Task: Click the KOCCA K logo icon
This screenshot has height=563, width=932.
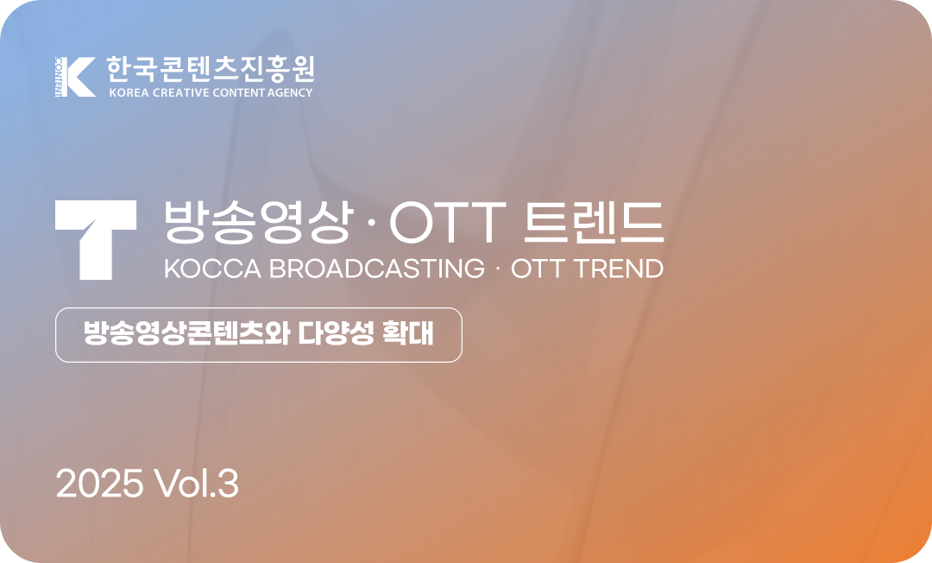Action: pos(74,77)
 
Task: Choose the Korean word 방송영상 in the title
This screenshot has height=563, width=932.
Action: pos(257,223)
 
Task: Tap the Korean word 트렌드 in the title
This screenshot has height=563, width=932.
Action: pos(594,223)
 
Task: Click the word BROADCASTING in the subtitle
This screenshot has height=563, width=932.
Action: pos(377,269)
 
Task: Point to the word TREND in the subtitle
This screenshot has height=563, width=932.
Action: pos(619,269)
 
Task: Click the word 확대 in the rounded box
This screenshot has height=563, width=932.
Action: pos(407,333)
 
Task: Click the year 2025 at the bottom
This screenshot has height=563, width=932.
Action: pos(99,484)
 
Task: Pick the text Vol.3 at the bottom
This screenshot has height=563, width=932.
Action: pos(198,484)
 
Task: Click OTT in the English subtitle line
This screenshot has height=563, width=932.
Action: pos(538,269)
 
